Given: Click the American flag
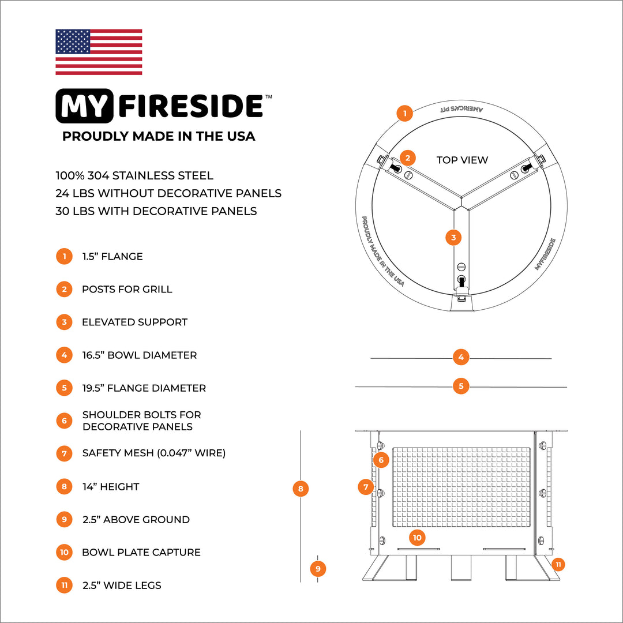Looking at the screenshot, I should click(99, 52).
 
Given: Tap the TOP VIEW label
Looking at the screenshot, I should click(462, 160).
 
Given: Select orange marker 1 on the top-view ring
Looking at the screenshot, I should click(405, 113).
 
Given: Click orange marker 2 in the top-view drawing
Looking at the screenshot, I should click(407, 158).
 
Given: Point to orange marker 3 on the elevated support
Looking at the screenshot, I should click(453, 237).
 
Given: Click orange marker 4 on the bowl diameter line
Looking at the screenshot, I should click(460, 357).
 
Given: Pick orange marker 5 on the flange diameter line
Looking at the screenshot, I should click(460, 386).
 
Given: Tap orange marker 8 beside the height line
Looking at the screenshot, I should click(300, 489).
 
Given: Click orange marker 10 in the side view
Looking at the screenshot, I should click(417, 538).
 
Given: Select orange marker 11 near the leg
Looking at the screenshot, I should click(558, 564).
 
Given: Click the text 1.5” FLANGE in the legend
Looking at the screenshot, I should click(112, 256).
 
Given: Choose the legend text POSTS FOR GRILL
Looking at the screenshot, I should click(127, 289).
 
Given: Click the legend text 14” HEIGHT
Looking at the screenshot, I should click(110, 486).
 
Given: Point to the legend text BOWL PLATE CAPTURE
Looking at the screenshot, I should click(141, 552).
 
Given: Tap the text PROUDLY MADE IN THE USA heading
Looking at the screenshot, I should click(159, 136).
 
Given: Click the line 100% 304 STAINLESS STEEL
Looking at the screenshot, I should click(134, 175).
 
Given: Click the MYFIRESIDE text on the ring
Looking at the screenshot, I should click(545, 254).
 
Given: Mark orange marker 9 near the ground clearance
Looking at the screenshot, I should click(318, 569).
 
